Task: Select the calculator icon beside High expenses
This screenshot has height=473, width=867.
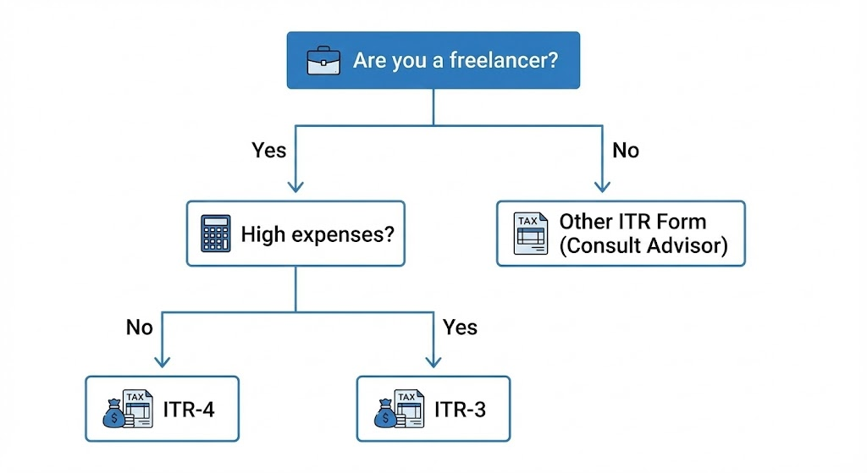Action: coord(216,234)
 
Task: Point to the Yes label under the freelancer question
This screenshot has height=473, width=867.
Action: coord(269,151)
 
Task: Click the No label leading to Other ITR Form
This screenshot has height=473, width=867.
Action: coord(626,151)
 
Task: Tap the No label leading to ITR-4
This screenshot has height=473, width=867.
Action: coord(139,327)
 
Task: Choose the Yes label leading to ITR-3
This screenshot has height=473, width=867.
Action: coord(460,327)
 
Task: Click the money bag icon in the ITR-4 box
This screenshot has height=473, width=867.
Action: coord(113,415)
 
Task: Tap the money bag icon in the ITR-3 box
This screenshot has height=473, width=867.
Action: coord(385,415)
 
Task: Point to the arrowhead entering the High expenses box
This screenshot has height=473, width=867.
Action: coord(295,188)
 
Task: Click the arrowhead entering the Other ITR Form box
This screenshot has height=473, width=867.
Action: coord(602,188)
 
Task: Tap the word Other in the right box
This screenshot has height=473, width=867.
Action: coord(586,222)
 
